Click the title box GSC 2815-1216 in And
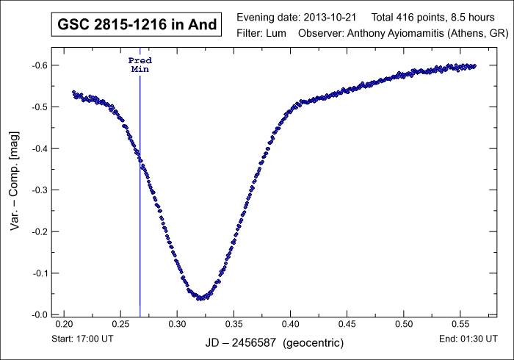coord(137,25)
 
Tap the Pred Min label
coord(140,64)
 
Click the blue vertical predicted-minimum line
coord(140,220)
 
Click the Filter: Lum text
coord(264,34)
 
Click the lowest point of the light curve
coord(200,298)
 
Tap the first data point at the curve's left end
coord(73,92)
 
